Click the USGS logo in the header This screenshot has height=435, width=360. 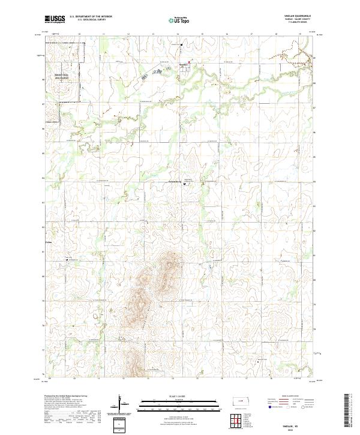click(x=55, y=19)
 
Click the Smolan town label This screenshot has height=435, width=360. click(x=182, y=62)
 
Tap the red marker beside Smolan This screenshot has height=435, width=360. click(x=190, y=61)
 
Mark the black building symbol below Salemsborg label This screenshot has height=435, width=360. click(x=184, y=184)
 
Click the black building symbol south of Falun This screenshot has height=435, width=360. click(x=67, y=260)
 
